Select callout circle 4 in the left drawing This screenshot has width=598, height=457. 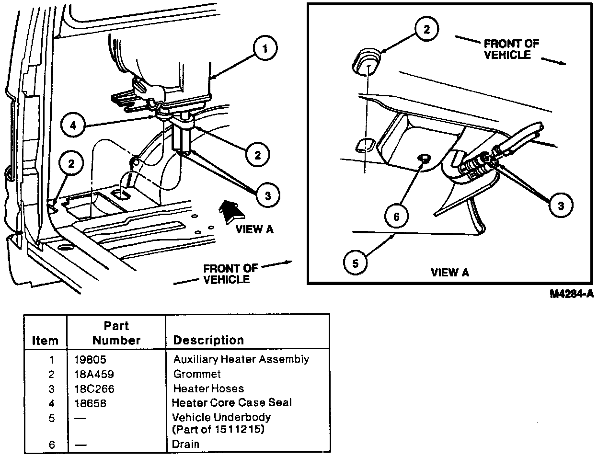pos(72,126)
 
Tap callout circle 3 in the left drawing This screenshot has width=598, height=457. pos(267,195)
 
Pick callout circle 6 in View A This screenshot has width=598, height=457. pos(396,217)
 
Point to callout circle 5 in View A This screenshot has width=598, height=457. pos(355,262)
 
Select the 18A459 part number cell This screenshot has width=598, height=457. pos(94,374)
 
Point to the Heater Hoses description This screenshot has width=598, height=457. pos(208,388)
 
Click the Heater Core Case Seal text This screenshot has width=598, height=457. pos(231,403)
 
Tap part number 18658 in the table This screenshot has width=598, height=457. pos(91,403)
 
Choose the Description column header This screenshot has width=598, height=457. pos(208,340)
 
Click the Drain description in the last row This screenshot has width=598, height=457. pos(185,444)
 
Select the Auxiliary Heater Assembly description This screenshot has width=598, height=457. pos(241,359)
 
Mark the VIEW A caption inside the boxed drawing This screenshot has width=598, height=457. pos(450,273)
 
